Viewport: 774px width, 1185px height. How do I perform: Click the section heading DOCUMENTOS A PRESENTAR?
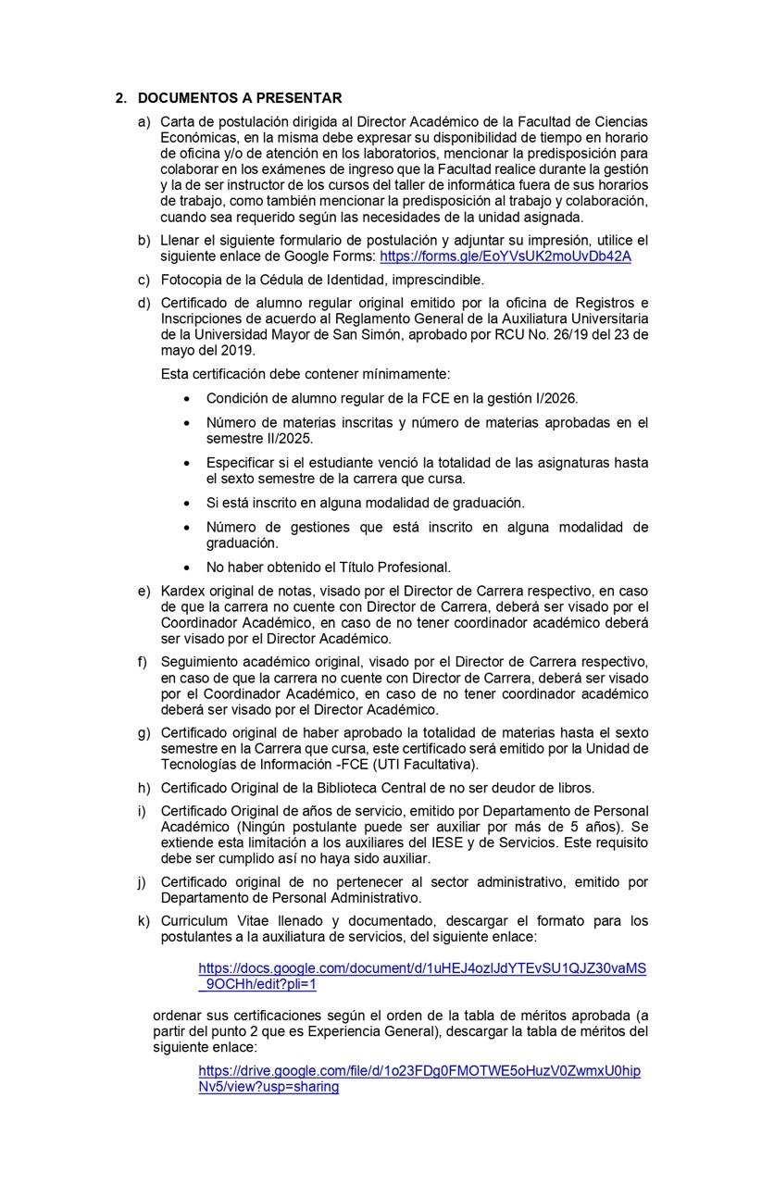coord(240,98)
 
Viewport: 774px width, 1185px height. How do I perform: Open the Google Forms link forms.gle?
coord(505,256)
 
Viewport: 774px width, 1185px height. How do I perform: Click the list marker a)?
coord(144,122)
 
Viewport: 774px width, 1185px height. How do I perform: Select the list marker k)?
coord(144,921)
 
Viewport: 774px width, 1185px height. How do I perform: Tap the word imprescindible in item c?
coord(437,280)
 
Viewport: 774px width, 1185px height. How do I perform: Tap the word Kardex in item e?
coord(181,591)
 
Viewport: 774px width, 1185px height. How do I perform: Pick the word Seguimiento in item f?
coord(200,662)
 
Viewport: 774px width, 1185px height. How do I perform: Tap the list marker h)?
coord(144,788)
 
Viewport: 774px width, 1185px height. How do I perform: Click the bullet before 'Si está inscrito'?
coord(188,503)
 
